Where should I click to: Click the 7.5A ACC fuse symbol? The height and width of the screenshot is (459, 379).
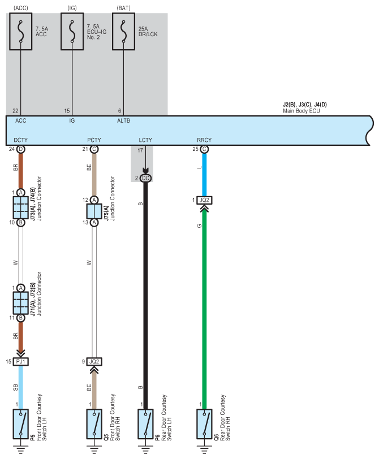pyautogui.click(x=20, y=31)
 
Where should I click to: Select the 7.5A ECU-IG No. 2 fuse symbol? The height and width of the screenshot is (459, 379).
pyautogui.click(x=72, y=31)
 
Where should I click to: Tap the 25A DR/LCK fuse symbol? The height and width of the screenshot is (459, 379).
pyautogui.click(x=124, y=31)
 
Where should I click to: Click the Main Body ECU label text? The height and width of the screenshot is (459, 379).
pyautogui.click(x=302, y=111)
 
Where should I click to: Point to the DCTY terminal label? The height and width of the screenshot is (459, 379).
pyautogui.click(x=20, y=140)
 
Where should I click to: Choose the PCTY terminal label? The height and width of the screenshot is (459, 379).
pyautogui.click(x=94, y=140)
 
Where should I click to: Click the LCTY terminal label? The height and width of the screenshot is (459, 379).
pyautogui.click(x=145, y=140)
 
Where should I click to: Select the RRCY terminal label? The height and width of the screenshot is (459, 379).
pyautogui.click(x=204, y=140)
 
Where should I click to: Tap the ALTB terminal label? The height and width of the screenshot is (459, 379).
pyautogui.click(x=124, y=120)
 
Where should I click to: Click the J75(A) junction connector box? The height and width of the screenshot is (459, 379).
pyautogui.click(x=94, y=211)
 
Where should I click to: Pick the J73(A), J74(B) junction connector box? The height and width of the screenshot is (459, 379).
pyautogui.click(x=20, y=207)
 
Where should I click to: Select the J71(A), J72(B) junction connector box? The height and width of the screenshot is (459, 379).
pyautogui.click(x=20, y=303)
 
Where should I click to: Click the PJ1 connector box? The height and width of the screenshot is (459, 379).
pyautogui.click(x=20, y=362)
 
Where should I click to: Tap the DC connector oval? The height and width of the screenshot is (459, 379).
pyautogui.click(x=145, y=178)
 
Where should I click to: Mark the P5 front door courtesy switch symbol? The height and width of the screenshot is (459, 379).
pyautogui.click(x=20, y=424)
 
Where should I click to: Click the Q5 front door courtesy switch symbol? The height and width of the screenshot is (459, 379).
pyautogui.click(x=94, y=424)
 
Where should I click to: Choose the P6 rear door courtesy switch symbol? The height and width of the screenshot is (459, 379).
pyautogui.click(x=145, y=424)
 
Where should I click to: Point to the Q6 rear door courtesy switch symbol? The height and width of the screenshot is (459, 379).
pyautogui.click(x=204, y=424)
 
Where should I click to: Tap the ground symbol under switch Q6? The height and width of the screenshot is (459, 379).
pyautogui.click(x=204, y=449)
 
